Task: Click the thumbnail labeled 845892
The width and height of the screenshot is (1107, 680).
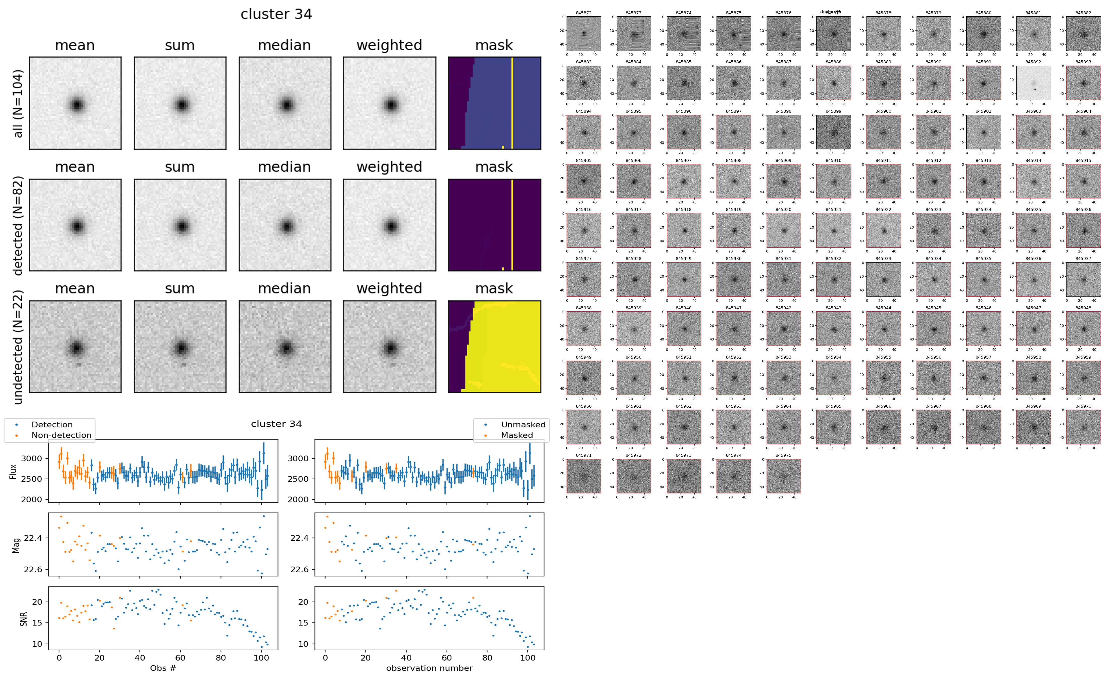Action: [1033, 83]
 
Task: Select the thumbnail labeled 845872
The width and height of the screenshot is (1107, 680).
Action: [584, 34]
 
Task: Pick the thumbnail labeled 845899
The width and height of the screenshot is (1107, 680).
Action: [834, 132]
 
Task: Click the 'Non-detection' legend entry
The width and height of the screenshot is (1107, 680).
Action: [61, 435]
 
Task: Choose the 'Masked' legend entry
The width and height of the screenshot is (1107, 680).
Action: [516, 435]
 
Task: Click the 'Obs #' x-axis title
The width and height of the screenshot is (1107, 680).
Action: [163, 668]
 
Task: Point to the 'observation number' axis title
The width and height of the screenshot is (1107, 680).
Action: [429, 668]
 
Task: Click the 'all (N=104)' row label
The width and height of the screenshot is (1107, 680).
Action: [18, 103]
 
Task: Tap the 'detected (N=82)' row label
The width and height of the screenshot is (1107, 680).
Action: [18, 225]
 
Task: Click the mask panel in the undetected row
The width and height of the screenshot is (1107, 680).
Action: [494, 346]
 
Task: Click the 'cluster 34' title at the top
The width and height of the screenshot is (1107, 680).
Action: [276, 14]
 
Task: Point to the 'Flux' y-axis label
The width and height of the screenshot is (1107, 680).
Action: [14, 471]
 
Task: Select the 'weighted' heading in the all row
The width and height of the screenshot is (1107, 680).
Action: [389, 46]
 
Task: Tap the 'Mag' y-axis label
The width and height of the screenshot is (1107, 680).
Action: [16, 545]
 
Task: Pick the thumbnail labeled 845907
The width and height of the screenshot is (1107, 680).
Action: [684, 181]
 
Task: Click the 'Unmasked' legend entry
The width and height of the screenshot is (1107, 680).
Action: [523, 424]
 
